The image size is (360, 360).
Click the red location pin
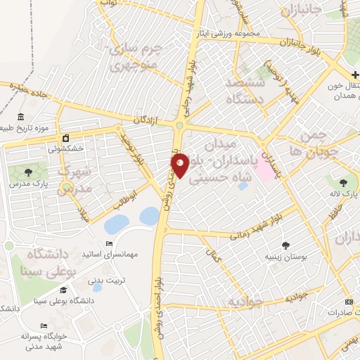click(180, 165)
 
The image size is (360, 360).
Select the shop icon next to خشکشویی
click(65, 138)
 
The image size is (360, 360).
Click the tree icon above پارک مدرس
click(28, 172)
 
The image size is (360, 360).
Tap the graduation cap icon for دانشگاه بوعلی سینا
click(63, 290)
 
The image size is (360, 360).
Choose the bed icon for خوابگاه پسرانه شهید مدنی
click(44, 327)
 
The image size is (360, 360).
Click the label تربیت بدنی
click(105, 280)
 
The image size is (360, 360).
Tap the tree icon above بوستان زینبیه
click(285, 245)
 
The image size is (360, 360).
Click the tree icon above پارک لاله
click(343, 184)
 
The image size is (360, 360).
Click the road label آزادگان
click(144, 121)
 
